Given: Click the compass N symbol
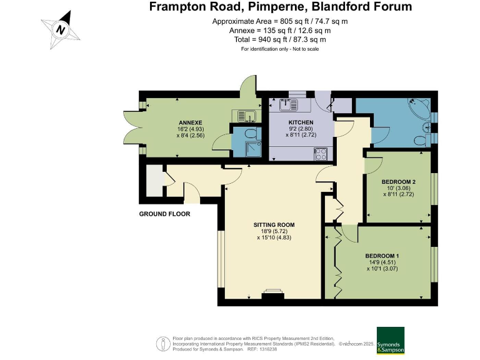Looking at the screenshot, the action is coord(61,30).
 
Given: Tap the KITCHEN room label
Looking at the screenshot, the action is coord(301,122).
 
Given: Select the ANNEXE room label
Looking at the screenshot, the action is coord(191,122).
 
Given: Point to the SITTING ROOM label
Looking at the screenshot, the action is coord(274,225).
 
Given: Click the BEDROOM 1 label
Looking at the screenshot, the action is coord(382,256).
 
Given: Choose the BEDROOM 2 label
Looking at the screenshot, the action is coord(399,182).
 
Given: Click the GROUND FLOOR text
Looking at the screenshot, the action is coord(165,214).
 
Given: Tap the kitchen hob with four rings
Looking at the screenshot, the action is coord(321,154).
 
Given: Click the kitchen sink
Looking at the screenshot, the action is coord(288,105).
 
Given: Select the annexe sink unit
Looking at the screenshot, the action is coord(246,116).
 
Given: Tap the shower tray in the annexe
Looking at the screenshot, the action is coord(254,149).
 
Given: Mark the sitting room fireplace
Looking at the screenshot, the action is coord(272,294).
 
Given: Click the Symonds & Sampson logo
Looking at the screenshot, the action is coord(390,341).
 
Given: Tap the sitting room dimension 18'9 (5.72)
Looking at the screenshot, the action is coord(274,231).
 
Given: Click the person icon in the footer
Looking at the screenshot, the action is coord(164,344).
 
